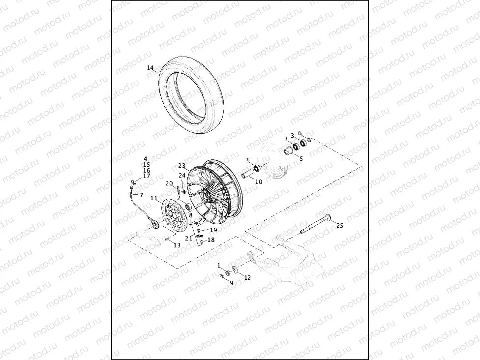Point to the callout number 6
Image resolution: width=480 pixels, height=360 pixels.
pyautogui.click(x=300, y=133)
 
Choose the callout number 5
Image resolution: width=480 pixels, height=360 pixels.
pyautogui.click(x=301, y=158)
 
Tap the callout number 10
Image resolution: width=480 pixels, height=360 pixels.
pyautogui.click(x=259, y=181)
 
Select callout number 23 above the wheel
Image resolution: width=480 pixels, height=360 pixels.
pyautogui.click(x=181, y=166)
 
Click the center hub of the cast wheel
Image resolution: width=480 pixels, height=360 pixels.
pyautogui.click(x=206, y=194)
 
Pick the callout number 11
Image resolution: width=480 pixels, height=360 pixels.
pyautogui.click(x=154, y=198)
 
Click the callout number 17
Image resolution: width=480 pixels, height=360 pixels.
pyautogui.click(x=147, y=176)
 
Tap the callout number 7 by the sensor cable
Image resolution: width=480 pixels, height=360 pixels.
pyautogui.click(x=141, y=195)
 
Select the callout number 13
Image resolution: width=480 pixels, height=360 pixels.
pyautogui.click(x=177, y=245)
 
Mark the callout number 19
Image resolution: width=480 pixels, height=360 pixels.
pyautogui.click(x=213, y=230)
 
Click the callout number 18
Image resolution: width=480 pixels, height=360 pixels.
pyautogui.click(x=211, y=240)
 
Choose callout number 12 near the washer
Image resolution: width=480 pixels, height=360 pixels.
pyautogui.click(x=247, y=277)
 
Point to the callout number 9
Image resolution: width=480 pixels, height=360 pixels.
pyautogui.click(x=231, y=283)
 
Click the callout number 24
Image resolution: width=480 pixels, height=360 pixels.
pyautogui.click(x=182, y=175)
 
